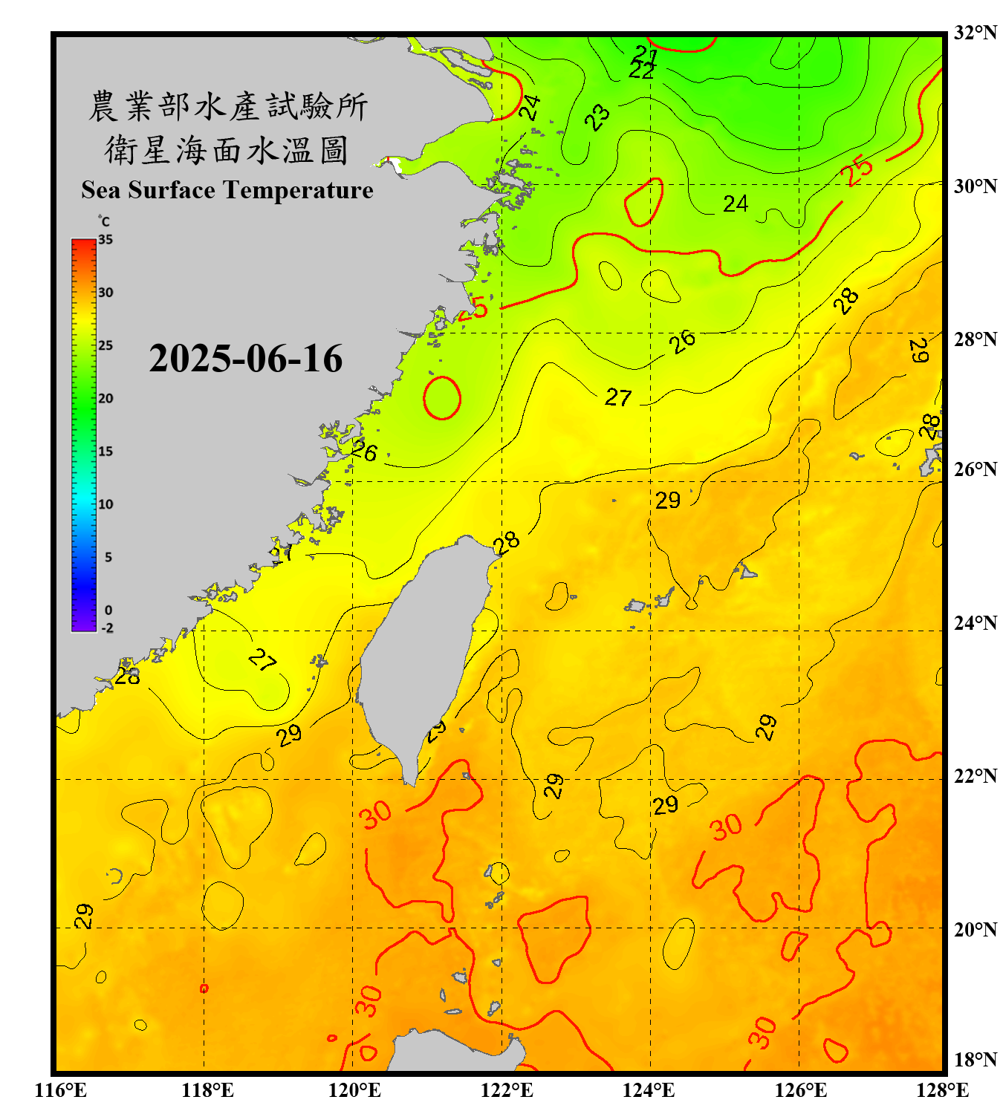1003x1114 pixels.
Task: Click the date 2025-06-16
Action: pyautogui.click(x=245, y=359)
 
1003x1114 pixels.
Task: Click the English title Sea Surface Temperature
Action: pyautogui.click(x=227, y=190)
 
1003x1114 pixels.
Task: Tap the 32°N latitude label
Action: pyautogui.click(x=975, y=33)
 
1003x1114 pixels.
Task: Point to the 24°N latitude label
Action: pyautogui.click(x=975, y=622)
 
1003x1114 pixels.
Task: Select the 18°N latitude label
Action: pyautogui.click(x=975, y=1059)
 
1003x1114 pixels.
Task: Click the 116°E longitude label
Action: pyautogui.click(x=61, y=1090)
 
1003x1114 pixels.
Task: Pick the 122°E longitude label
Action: pyautogui.click(x=507, y=1090)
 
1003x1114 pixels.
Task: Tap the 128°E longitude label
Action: pyautogui.click(x=942, y=1090)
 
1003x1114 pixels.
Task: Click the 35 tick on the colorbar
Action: pyautogui.click(x=106, y=240)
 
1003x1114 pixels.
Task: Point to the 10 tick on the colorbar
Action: pyautogui.click(x=106, y=504)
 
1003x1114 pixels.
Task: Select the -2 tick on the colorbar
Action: pyautogui.click(x=107, y=628)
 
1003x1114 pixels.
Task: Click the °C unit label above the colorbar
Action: pyautogui.click(x=104, y=221)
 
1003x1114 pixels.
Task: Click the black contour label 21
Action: pyautogui.click(x=646, y=54)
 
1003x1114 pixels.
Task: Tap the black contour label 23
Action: pyautogui.click(x=597, y=117)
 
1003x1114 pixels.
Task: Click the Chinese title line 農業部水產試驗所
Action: pyautogui.click(x=227, y=106)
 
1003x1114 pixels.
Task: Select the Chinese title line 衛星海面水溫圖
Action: pyautogui.click(x=227, y=150)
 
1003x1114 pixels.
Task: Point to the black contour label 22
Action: pyautogui.click(x=641, y=71)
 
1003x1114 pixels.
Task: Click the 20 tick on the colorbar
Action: pyautogui.click(x=106, y=399)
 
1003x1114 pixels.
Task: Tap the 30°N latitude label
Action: pyautogui.click(x=975, y=186)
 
